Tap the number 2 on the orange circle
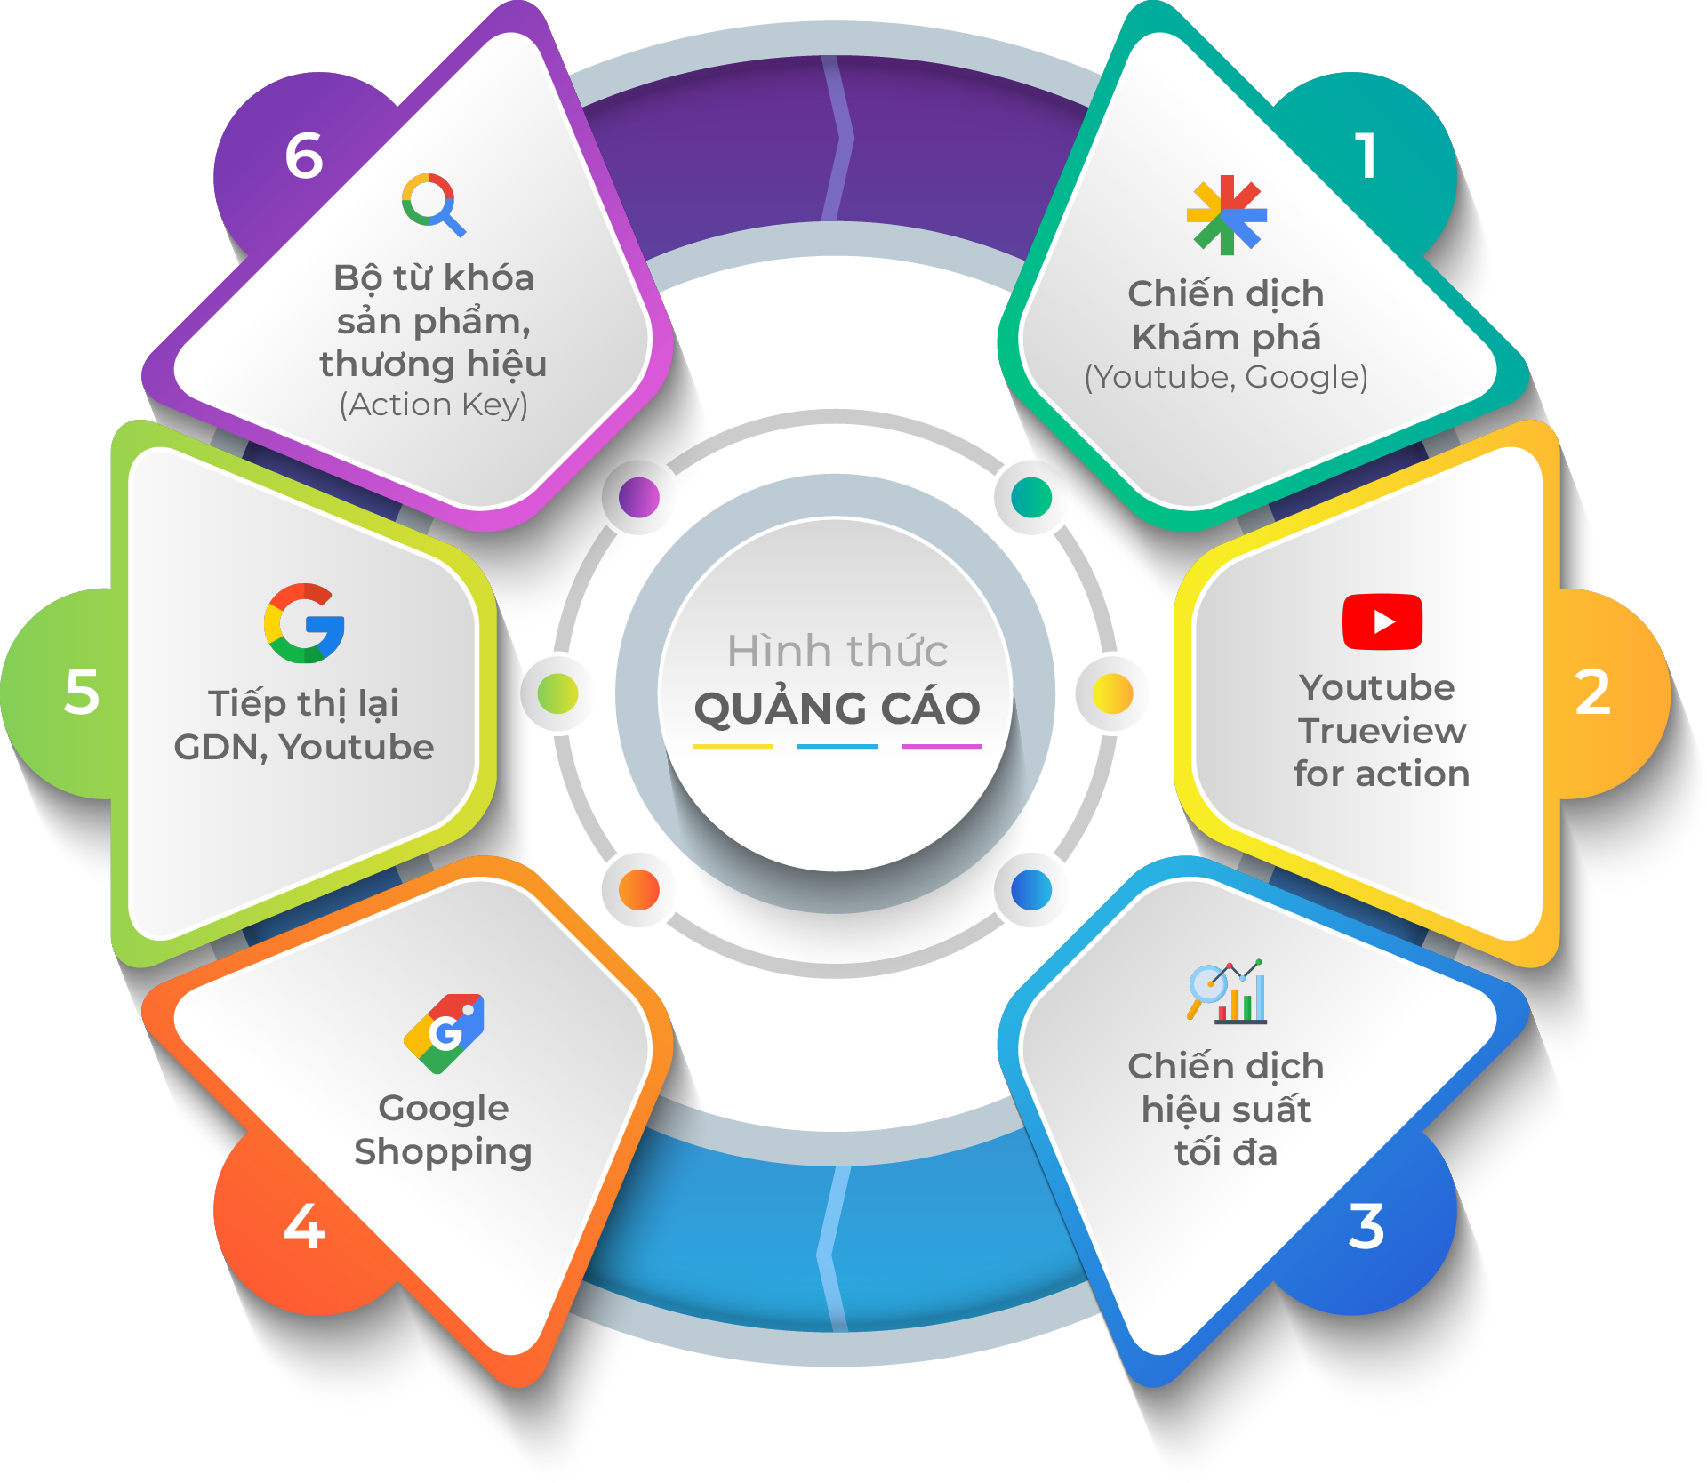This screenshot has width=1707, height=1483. (1592, 693)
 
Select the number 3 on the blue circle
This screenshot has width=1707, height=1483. (1366, 1226)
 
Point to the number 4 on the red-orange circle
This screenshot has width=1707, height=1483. (304, 1226)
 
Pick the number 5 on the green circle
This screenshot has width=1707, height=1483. (82, 693)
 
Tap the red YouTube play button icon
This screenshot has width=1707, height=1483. (1382, 621)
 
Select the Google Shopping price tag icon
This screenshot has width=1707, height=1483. (445, 1032)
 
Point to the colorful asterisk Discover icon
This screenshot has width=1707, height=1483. (1227, 215)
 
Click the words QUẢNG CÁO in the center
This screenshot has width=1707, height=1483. (837, 709)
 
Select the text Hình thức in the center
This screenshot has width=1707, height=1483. (837, 651)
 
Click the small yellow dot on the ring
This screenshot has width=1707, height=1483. (1112, 693)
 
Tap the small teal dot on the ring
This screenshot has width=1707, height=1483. (1031, 497)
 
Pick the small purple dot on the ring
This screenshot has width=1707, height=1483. (638, 497)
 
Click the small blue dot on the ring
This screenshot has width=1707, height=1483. (1031, 889)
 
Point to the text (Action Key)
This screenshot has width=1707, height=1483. (433, 405)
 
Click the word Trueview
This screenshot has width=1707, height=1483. (1382, 731)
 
